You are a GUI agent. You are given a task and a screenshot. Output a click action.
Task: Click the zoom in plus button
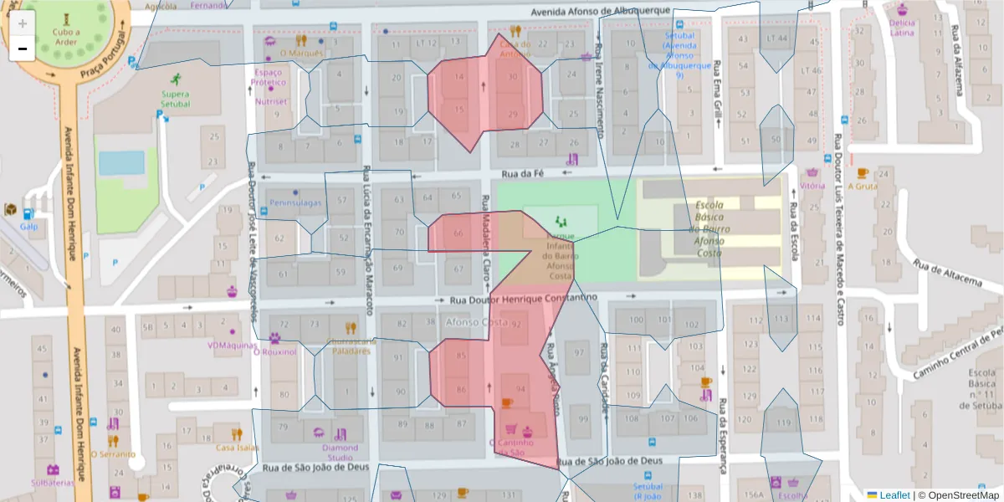point(23,23)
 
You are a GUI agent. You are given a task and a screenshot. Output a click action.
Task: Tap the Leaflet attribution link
point(894,495)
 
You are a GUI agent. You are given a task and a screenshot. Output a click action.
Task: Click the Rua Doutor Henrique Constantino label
point(523,299)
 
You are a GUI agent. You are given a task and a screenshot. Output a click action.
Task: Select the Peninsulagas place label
point(296,203)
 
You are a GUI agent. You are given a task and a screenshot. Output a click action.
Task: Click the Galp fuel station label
point(29,226)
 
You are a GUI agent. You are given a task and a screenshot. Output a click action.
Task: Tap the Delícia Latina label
point(902,28)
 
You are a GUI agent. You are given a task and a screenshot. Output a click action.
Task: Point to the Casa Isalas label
point(237,447)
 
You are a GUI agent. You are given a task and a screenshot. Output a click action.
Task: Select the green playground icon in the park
point(561,222)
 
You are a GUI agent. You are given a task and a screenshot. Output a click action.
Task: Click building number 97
point(578,354)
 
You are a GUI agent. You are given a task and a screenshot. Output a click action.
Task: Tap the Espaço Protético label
point(269,77)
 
